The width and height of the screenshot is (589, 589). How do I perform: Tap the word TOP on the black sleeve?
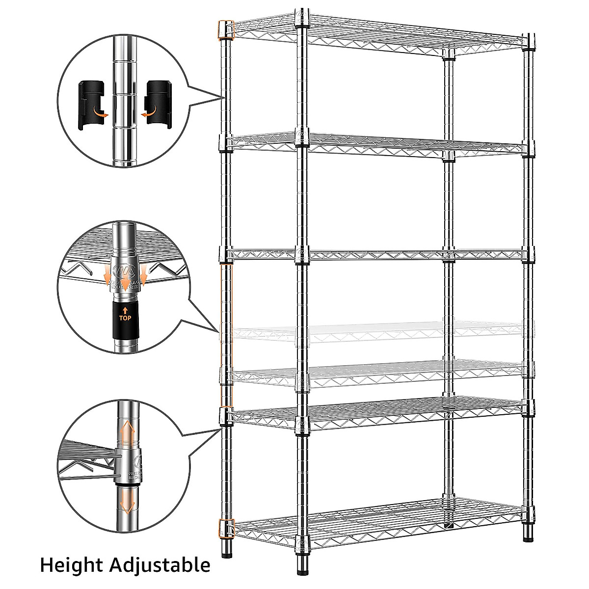click(125, 318)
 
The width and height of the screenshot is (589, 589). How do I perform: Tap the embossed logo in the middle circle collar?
click(120, 271)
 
